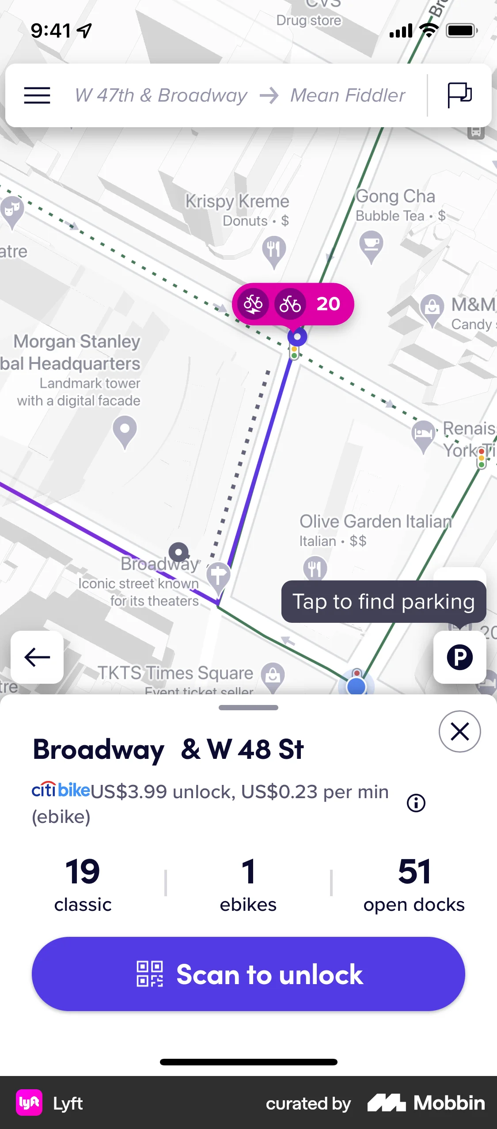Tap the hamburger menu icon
pos(37,95)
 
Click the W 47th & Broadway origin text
pos(161,95)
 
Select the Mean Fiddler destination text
pos(348,95)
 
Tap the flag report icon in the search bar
pos(459,95)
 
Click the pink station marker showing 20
pos(292,304)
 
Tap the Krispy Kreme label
pos(237,201)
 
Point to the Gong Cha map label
pos(395,197)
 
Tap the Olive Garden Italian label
pos(376,522)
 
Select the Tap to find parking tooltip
pos(383,602)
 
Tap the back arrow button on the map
pos(37,657)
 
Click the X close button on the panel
pos(459,731)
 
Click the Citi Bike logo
pos(61,790)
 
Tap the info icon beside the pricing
pos(416,803)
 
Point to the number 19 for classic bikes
pos(83,872)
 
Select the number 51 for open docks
pos(414,872)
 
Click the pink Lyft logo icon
pos(29,1103)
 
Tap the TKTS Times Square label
pos(175,673)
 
